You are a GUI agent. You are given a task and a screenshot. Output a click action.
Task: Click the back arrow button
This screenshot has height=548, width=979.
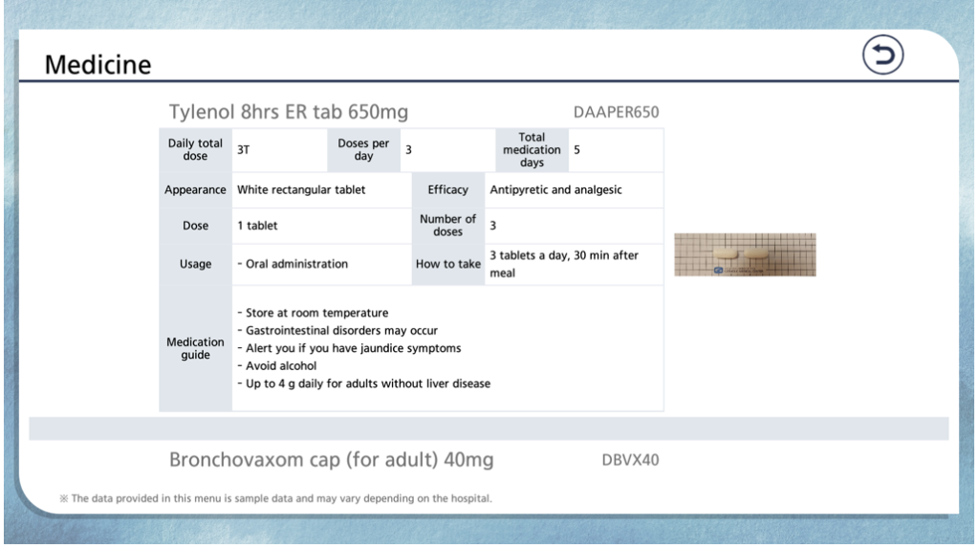click(882, 55)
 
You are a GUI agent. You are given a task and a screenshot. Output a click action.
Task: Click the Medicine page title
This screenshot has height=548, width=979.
click(98, 64)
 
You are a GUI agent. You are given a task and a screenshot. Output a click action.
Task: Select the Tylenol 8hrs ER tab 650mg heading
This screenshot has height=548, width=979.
click(289, 112)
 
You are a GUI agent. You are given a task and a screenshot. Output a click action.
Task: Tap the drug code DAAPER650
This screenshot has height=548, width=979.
click(616, 113)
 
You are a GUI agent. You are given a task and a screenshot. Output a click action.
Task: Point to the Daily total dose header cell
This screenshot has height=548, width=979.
click(195, 150)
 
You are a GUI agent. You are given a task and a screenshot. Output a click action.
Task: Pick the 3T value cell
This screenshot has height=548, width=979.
click(280, 150)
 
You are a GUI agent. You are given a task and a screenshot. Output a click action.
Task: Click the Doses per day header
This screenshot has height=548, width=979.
click(363, 150)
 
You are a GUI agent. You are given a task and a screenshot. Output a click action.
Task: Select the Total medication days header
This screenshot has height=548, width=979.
click(532, 150)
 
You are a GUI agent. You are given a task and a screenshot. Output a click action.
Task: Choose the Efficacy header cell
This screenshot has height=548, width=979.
click(447, 190)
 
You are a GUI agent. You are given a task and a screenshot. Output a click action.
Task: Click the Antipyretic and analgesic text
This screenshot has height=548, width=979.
click(555, 190)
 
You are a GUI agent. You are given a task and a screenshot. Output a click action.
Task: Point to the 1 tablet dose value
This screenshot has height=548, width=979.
click(257, 226)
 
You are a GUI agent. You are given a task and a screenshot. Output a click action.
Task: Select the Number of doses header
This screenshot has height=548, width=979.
click(447, 226)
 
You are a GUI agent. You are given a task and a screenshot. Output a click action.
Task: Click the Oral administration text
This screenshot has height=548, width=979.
click(293, 264)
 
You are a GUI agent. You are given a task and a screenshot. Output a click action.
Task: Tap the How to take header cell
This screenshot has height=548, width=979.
click(447, 264)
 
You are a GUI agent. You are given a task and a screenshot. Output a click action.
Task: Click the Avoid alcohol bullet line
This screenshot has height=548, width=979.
click(277, 366)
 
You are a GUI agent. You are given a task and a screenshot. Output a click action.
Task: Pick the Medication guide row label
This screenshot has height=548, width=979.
click(195, 349)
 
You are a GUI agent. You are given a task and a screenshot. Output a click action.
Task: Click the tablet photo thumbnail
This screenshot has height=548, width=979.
click(745, 255)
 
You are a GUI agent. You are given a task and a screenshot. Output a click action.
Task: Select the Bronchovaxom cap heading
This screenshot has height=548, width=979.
click(332, 460)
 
